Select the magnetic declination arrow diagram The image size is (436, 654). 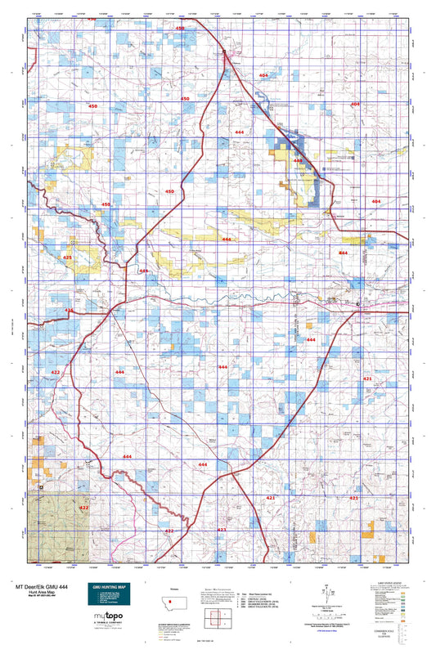tap(328, 588)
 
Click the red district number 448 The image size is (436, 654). tap(299, 161)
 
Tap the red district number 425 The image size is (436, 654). tap(67, 258)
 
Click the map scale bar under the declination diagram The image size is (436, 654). tap(328, 610)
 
